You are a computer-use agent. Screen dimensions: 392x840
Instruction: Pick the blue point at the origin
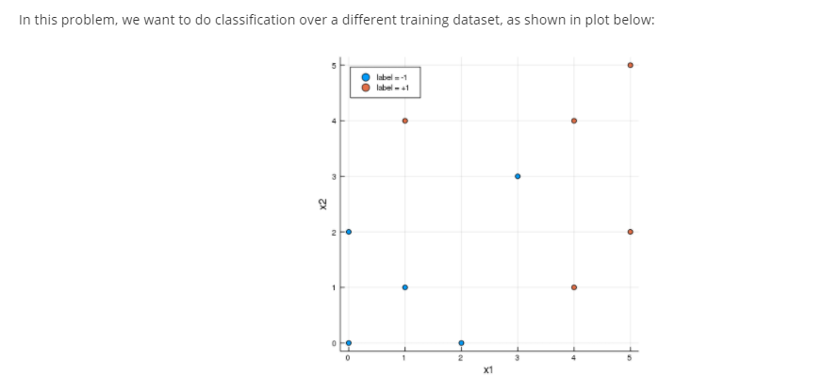click(x=349, y=342)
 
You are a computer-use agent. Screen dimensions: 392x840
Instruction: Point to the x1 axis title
click(x=486, y=371)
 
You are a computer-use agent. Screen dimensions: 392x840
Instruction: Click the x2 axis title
click(x=322, y=204)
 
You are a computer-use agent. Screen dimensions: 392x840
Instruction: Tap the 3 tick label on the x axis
click(x=518, y=357)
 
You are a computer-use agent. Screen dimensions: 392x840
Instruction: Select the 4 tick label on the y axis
click(x=333, y=121)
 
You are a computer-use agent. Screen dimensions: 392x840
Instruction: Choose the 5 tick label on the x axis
click(x=630, y=357)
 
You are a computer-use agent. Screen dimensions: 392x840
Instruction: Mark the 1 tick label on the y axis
click(x=333, y=287)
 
